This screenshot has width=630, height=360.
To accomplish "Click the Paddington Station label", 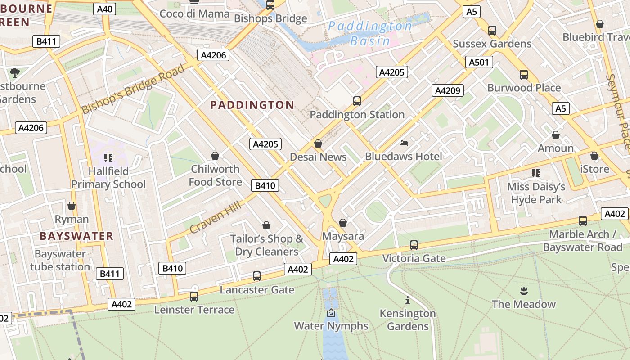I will coord(357,115).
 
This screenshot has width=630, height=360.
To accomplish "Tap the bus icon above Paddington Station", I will coord(357,101).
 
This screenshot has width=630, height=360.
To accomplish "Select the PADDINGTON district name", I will coord(252,105).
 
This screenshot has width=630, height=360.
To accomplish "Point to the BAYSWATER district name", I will coord(76,236).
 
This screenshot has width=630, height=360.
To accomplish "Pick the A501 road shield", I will coord(478,62).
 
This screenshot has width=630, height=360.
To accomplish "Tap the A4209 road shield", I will coord(447,90).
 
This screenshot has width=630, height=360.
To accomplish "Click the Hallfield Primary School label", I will coord(108,178).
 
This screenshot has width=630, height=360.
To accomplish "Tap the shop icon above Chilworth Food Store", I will coord(215,156).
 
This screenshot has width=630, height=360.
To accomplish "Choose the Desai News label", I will coord(318,157).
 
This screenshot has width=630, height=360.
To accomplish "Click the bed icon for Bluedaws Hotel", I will coord(404,144).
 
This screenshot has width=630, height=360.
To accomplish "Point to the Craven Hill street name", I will coord(215,217).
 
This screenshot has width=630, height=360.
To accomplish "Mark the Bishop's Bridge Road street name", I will coord(133,89).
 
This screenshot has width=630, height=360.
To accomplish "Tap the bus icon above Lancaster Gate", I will coord(257,276).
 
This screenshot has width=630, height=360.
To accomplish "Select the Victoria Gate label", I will coord(414,258).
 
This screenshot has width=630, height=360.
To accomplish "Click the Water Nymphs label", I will coord(331,326).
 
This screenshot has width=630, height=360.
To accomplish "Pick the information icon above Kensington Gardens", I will coord(408,300).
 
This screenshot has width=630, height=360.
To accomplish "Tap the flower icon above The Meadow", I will coord(523,291).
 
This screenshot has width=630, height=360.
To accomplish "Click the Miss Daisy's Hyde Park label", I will coord(536,193).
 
